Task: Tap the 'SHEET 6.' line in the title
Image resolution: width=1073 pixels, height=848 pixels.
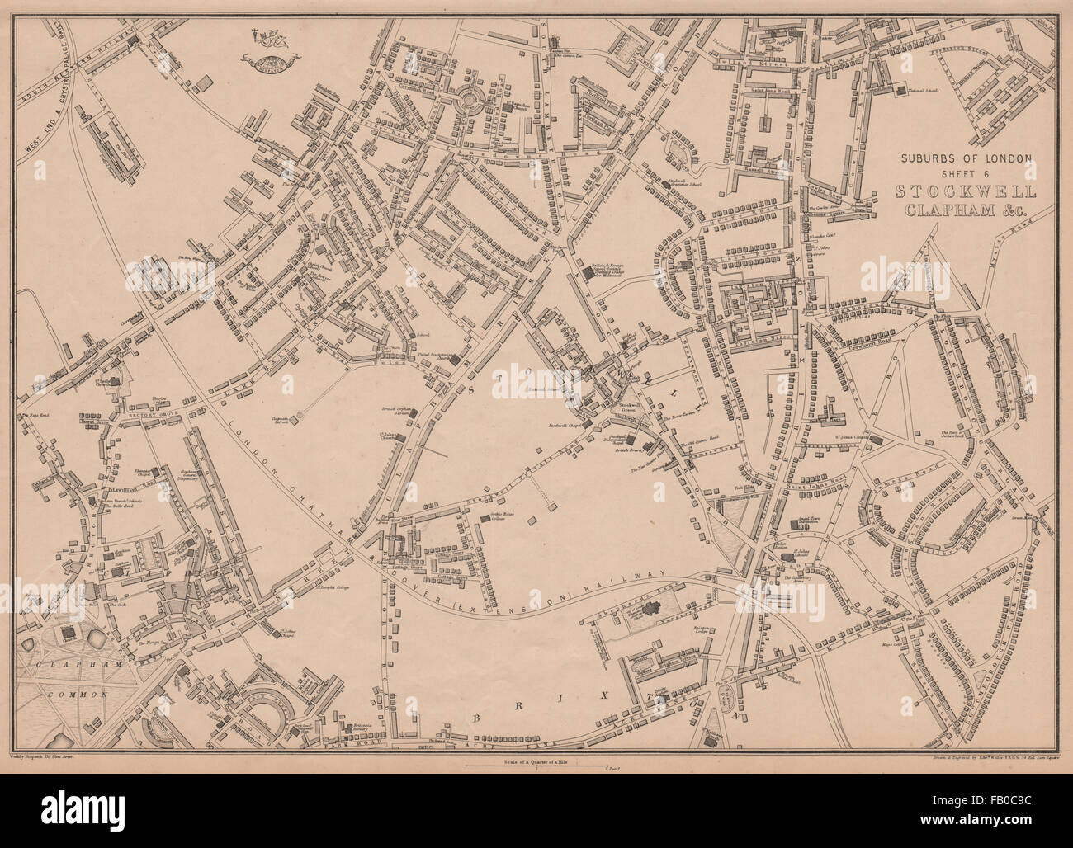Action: (x=966, y=173)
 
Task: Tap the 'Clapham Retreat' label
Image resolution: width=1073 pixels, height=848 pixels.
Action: (x=285, y=420)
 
